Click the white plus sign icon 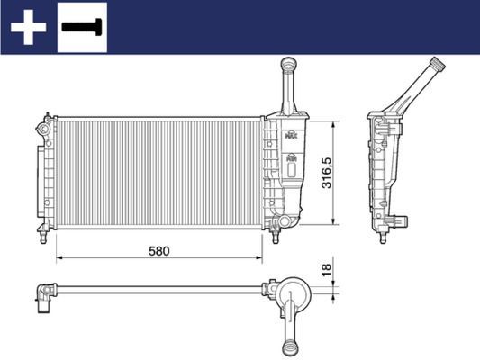28,27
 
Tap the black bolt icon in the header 81,26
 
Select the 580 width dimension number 159,249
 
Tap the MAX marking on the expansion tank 290,135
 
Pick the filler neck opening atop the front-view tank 288,62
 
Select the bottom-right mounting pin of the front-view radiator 276,237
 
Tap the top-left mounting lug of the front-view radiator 44,118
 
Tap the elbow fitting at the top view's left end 43,292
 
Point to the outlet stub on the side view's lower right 407,220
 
